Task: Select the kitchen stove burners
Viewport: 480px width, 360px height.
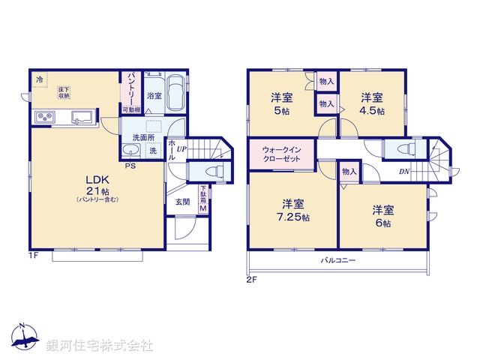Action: (x=43, y=117)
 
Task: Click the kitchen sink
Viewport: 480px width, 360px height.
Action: (x=81, y=116)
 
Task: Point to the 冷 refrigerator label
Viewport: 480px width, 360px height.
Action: (x=37, y=77)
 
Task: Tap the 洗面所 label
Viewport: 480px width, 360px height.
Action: (x=143, y=137)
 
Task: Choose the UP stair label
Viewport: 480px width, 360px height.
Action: (x=182, y=148)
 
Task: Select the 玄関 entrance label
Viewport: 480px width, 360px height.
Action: (x=183, y=202)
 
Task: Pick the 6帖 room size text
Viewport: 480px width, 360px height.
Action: (x=382, y=223)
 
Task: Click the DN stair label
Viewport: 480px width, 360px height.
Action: (x=404, y=171)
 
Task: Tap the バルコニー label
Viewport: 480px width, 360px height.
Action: (x=339, y=259)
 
